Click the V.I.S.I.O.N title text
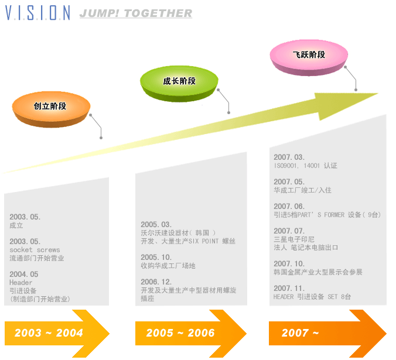37,13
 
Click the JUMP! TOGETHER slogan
135,13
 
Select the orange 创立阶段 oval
51,107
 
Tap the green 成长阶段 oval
179,81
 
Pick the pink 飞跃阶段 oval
309,55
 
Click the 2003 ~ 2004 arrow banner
56,333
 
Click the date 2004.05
24,274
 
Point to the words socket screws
35,250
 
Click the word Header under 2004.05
21,283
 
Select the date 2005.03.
156,224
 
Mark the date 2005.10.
156,257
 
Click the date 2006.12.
156,282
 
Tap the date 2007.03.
289,157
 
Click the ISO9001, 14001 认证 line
305,166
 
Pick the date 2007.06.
289,206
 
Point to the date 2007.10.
289,263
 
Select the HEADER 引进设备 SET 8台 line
312,297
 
